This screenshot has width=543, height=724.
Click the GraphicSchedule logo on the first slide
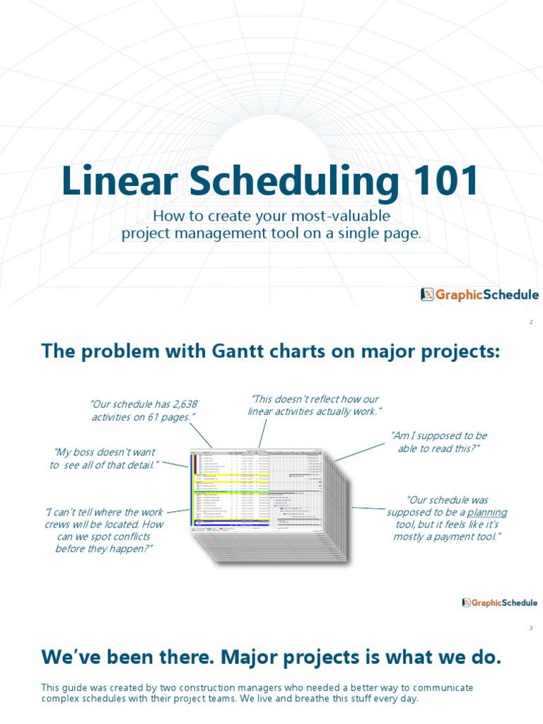click(479, 295)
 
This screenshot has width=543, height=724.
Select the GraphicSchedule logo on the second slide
click(499, 602)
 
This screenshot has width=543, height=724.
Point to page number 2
click(530, 322)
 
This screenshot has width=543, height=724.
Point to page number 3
click(530, 628)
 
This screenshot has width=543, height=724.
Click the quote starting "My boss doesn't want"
click(104, 458)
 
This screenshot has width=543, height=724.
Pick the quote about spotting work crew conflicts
click(104, 530)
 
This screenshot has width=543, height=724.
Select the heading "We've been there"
click(271, 658)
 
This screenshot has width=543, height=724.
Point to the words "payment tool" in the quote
click(465, 537)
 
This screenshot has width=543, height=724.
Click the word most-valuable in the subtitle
click(339, 216)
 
